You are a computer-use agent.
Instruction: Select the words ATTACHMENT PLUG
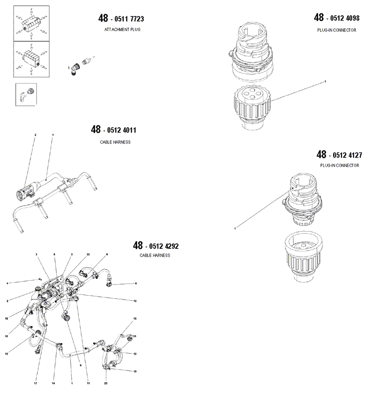[x=122, y=29]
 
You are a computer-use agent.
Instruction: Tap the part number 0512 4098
[x=343, y=18]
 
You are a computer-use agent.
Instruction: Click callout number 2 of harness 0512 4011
[x=35, y=135]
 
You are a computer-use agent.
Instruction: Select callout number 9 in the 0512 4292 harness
[x=136, y=284]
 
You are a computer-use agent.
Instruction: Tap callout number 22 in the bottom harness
[x=88, y=254]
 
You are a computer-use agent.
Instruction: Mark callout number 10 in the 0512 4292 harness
[x=135, y=301]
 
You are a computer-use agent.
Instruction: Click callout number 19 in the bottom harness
[x=135, y=372]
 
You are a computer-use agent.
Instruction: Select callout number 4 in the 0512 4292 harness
[x=7, y=284]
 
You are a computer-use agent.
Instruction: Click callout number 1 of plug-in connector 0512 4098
[x=326, y=81]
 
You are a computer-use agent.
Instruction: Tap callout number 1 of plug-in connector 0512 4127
[x=235, y=228]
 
